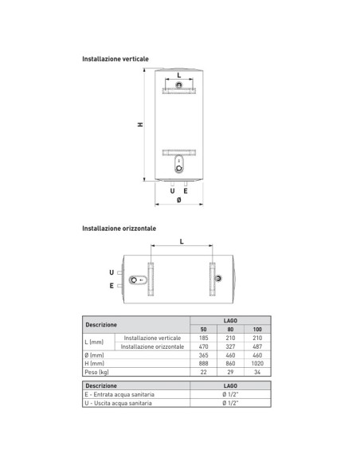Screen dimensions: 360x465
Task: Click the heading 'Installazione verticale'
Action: (115, 58)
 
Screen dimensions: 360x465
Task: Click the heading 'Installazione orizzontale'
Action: (119, 228)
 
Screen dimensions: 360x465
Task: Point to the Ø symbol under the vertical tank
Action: (179, 200)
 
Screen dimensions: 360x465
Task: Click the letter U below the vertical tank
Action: (173, 190)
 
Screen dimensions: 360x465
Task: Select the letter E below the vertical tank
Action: (186, 190)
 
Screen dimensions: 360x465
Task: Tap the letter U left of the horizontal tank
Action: (112, 272)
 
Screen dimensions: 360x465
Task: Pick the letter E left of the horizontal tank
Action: (112, 284)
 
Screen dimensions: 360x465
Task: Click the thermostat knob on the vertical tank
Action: (179, 166)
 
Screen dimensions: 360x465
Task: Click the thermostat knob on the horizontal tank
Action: (134, 279)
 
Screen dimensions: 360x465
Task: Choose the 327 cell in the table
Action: (229, 346)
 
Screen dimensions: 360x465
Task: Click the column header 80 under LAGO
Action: (229, 330)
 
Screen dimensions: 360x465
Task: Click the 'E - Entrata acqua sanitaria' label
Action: (119, 394)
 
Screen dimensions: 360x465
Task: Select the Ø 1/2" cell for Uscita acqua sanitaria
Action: (229, 402)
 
